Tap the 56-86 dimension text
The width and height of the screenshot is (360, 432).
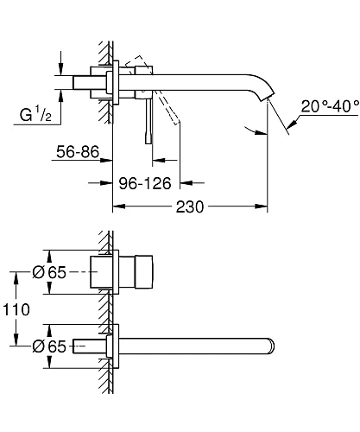click(x=76, y=152)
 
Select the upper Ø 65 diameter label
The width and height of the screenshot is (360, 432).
click(x=50, y=273)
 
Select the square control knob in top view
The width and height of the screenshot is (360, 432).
click(x=137, y=272)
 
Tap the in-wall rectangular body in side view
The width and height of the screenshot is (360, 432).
click(x=89, y=80)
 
